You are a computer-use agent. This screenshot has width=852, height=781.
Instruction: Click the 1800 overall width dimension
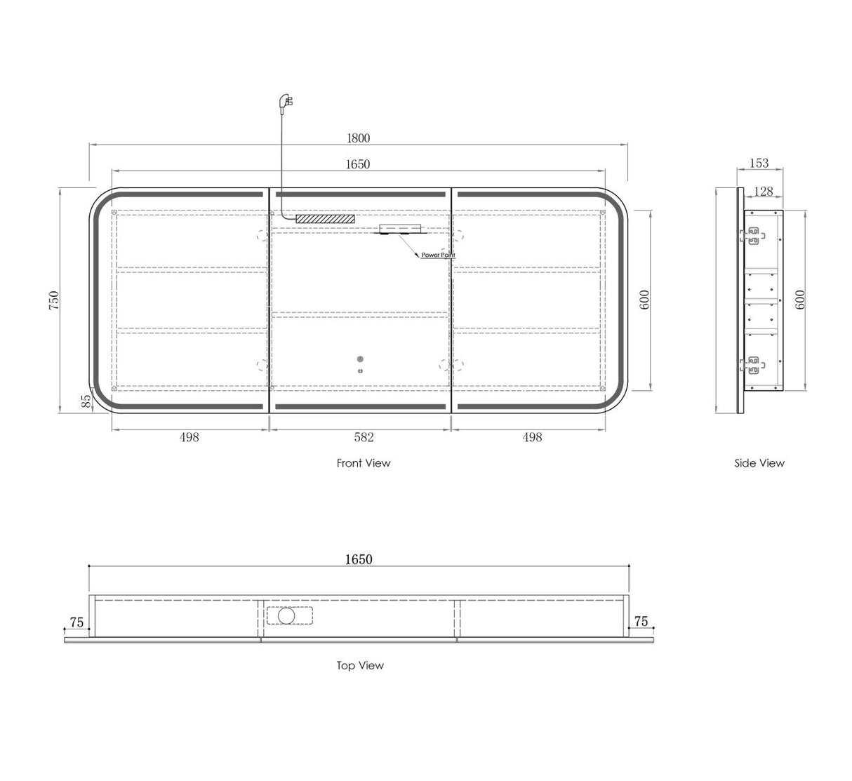coord(359,138)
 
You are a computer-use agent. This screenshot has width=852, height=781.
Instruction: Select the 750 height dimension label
coord(54,300)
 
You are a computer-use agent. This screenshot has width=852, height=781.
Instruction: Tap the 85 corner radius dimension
coord(86,401)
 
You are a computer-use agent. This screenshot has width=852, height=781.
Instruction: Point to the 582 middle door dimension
coord(364,437)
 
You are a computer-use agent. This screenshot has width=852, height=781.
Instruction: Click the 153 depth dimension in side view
coord(759,163)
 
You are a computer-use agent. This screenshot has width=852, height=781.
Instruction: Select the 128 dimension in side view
coord(764,192)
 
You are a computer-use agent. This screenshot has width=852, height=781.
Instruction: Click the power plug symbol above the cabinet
coord(286,102)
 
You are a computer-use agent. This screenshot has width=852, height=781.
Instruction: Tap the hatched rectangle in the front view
coord(326,219)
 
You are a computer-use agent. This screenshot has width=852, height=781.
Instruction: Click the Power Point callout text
coord(438,255)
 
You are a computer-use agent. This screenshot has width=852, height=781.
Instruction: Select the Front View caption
coord(364,463)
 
